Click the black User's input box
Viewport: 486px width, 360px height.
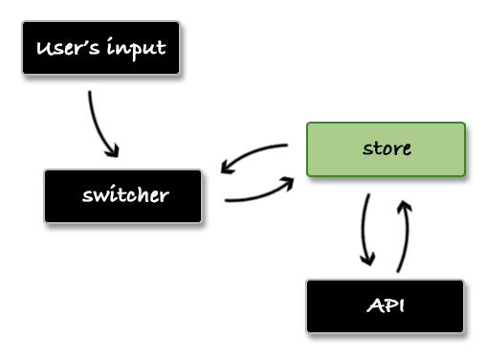100,48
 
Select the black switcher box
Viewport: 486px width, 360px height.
123,196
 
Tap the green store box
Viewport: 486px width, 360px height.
386,148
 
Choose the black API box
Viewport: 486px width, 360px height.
385,306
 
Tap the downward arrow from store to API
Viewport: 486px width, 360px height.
364,230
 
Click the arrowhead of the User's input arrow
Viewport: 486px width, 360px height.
114,151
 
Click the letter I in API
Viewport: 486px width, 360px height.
398,306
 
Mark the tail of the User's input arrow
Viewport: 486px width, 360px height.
90,93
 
